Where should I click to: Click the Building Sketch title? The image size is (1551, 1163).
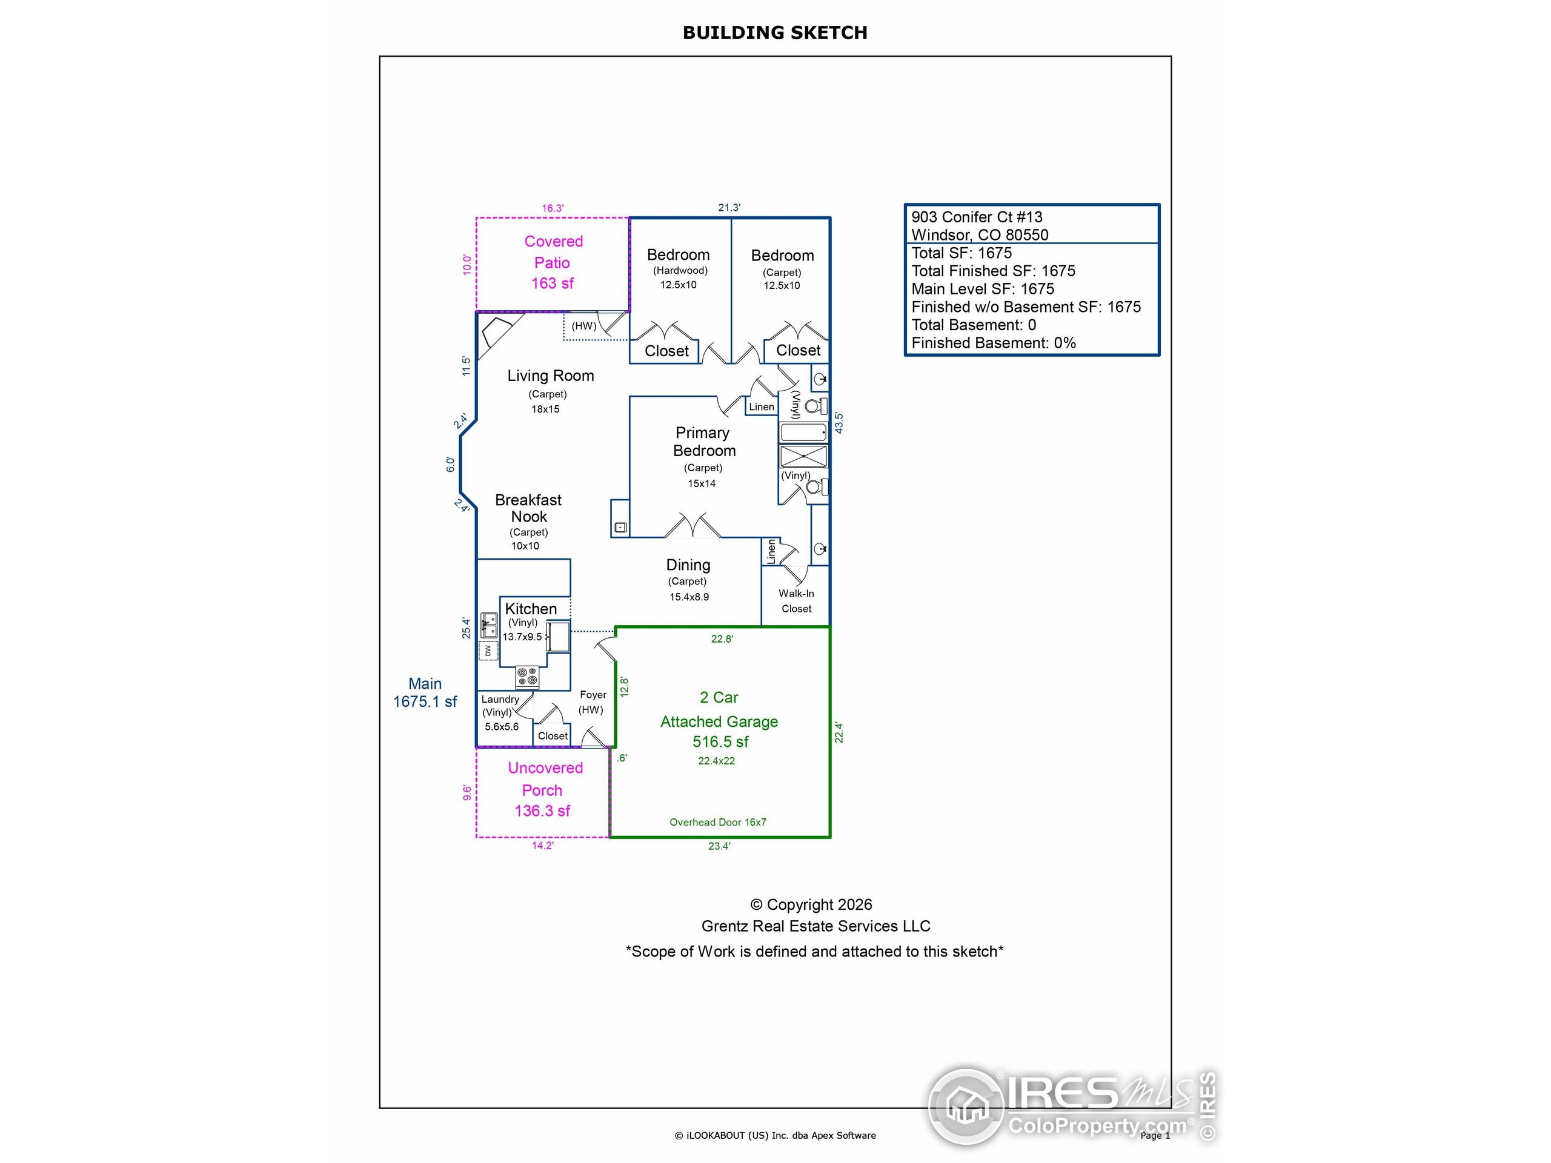coord(775,33)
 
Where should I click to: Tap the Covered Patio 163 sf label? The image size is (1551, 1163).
coord(553,262)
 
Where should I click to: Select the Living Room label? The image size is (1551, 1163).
coord(550,376)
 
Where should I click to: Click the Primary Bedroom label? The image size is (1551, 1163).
coord(703,442)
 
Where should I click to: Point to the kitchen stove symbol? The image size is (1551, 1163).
coord(527,677)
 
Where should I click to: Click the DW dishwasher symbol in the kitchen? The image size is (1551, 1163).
coord(488,651)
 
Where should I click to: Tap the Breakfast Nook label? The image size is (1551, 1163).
coord(528,508)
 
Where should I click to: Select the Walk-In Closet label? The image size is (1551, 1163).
coord(797,601)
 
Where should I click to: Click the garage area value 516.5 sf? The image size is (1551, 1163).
coord(720,741)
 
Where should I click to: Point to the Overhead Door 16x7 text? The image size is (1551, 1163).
coord(717,823)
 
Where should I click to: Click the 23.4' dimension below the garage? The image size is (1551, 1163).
coord(719,846)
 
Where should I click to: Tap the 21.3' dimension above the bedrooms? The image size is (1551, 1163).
coord(728,208)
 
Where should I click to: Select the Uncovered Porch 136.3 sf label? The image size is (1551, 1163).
coord(544,789)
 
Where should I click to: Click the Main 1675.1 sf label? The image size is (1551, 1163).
coord(425,692)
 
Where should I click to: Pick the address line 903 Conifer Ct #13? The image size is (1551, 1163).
coord(976,217)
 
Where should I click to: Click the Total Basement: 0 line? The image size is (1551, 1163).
coord(973,325)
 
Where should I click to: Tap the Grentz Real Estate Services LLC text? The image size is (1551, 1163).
coord(815,926)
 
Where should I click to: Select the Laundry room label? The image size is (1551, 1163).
coord(500,700)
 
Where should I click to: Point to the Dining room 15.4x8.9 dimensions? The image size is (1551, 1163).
coord(688,597)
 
